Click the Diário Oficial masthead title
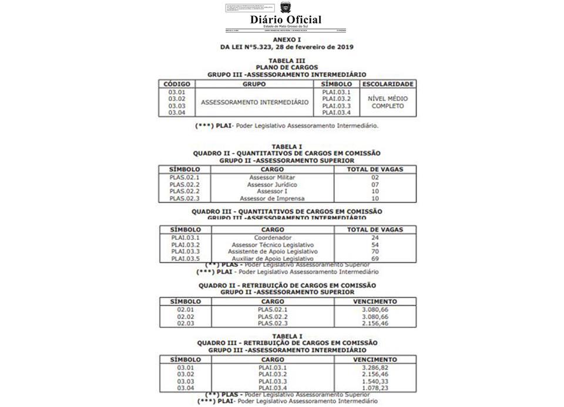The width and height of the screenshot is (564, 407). point(286,19)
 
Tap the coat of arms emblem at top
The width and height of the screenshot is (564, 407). point(286,8)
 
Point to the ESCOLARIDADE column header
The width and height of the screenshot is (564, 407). point(388,84)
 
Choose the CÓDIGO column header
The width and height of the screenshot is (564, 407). point(177,84)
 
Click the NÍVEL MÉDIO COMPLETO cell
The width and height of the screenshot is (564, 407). point(388,103)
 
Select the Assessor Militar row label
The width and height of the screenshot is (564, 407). point(272,177)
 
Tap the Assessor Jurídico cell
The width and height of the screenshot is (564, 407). point(272,184)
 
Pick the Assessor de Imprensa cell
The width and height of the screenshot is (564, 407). point(272,198)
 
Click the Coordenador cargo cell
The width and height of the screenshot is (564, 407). point(273,238)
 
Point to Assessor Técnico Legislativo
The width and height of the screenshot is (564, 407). point(273,245)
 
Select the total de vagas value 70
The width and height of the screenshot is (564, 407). point(375,252)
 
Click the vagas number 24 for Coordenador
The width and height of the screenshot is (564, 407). point(375,238)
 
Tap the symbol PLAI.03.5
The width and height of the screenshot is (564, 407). point(186,259)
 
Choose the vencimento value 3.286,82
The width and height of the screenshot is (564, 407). point(375,368)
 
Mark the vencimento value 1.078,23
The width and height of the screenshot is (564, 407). point(375,388)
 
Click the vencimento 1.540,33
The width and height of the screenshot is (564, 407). point(375,381)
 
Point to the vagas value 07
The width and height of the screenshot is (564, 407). point(375,184)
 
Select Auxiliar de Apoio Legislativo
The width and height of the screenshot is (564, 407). point(273,259)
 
